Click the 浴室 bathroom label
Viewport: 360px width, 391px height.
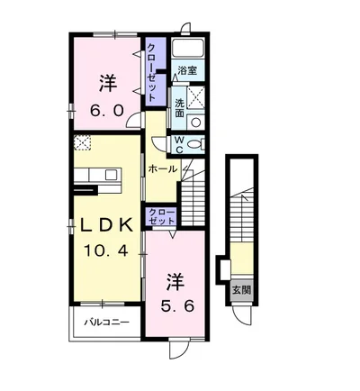pos(187,70)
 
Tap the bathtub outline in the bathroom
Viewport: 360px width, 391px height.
pos(188,48)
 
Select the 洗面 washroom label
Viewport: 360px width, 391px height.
pos(179,108)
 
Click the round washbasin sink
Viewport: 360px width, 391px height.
pos(196,122)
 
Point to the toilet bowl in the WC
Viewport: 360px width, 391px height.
pos(196,144)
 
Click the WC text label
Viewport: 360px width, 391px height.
pos(179,145)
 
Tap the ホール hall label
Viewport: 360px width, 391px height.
pos(163,169)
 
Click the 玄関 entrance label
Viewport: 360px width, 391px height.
pos(242,290)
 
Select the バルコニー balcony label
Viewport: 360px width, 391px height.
pos(107,323)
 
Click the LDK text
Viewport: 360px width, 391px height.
pos(107,225)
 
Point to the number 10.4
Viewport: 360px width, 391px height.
pos(106,250)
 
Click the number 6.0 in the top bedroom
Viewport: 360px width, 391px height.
pos(107,112)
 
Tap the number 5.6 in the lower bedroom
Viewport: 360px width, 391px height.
pos(177,306)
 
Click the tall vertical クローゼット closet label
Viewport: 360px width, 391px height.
pos(152,72)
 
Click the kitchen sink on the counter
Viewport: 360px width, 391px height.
pos(112,175)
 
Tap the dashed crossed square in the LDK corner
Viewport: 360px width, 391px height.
pos(83,142)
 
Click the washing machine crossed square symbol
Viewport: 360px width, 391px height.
pos(195,96)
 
